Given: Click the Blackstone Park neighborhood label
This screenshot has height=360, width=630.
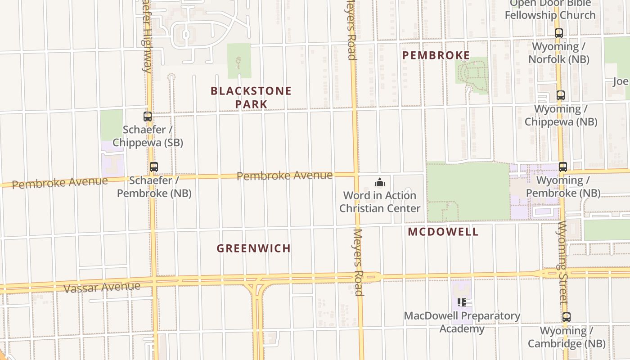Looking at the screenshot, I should coord(251,97).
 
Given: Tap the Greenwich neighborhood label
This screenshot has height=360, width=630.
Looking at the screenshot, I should coord(253,248).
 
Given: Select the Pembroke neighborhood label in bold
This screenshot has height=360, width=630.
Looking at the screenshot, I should coord(436,55).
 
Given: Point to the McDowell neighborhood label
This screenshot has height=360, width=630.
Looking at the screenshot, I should coord(443,232).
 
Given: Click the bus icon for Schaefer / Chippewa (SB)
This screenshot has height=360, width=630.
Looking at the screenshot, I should coord(148,117).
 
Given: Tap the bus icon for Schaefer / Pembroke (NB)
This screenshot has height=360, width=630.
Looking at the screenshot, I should coord(154,167).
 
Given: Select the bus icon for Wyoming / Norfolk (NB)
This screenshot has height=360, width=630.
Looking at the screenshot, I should coord(559,33).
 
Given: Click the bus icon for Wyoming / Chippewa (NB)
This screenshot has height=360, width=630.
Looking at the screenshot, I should coord(560,95).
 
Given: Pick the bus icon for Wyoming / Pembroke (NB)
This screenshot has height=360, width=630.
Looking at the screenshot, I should coord(562,167).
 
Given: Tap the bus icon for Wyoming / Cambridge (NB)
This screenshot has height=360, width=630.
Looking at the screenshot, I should coord(567,317).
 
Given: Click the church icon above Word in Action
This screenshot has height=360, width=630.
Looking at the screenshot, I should coord(380,182).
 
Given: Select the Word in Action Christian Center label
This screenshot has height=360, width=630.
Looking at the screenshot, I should coord(380,202).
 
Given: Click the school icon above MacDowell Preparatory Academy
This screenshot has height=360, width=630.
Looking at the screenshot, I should coord(461,302).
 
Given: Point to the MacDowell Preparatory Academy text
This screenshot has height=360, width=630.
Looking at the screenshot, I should coord(462,322).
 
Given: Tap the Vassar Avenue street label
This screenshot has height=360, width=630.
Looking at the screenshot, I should coord(102,287).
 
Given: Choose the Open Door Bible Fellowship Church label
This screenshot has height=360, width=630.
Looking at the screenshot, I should coord(550,10).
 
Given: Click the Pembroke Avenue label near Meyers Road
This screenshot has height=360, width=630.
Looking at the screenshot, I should coord(284,176).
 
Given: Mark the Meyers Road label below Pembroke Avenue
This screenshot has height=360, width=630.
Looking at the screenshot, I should coord(358,262).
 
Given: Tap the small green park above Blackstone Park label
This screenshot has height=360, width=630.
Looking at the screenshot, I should coord(239,60).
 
